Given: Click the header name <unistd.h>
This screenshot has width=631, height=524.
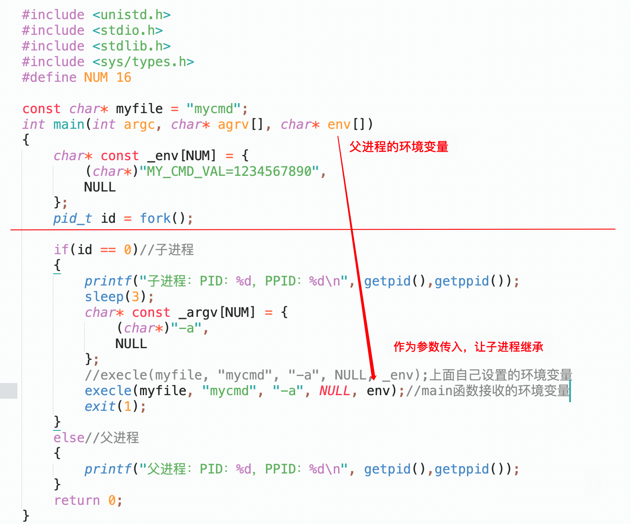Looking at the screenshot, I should (131, 15).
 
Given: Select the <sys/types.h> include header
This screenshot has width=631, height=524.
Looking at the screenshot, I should (143, 62).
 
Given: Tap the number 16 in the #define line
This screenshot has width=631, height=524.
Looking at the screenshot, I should (124, 77).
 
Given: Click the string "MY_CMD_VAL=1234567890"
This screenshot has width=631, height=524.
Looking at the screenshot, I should (229, 171).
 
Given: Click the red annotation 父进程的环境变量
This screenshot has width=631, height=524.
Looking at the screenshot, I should (399, 147).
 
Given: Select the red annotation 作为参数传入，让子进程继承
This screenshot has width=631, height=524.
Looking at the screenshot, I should (468, 347).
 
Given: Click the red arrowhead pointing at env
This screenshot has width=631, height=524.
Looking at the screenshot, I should (373, 376).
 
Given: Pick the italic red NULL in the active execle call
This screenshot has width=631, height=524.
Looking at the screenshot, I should (335, 391).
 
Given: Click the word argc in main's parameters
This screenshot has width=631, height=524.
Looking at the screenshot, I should (139, 124).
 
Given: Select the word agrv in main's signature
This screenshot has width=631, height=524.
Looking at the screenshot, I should (234, 124).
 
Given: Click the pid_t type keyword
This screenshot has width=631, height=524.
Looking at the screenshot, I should (72, 218).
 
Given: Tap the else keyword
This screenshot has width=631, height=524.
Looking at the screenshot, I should (69, 438).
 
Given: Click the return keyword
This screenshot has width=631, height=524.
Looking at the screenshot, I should (77, 500).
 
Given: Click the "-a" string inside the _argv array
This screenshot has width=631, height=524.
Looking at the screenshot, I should (186, 328).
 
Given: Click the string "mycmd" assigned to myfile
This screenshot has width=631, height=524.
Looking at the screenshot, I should (213, 109).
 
